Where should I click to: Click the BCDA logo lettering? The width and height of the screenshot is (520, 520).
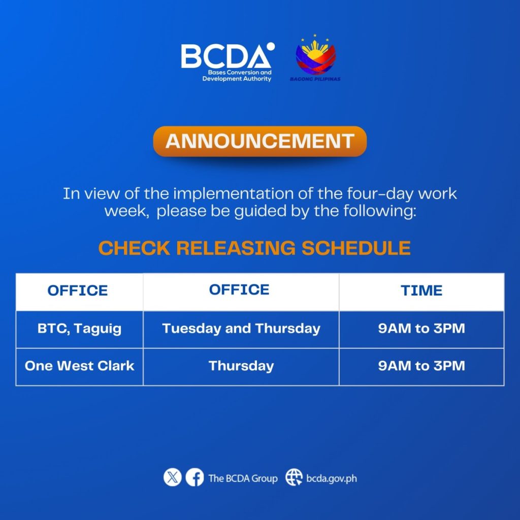(225, 56)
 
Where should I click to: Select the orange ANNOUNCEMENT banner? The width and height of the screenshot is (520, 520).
(259, 141)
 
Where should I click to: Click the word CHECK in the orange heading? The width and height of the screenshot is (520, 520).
(134, 248)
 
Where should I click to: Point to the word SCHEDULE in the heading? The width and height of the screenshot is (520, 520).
(356, 248)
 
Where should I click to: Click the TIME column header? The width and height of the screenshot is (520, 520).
(421, 290)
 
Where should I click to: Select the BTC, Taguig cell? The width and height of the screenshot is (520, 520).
(79, 329)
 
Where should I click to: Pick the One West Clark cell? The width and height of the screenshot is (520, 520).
(79, 366)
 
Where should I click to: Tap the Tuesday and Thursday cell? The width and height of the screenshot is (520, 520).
(241, 329)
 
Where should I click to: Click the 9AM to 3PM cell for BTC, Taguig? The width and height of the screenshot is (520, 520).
(421, 329)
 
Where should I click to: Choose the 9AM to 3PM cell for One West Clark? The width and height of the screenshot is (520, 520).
(421, 366)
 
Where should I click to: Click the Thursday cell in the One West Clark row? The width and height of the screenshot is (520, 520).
(241, 366)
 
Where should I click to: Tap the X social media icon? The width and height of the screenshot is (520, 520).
(173, 477)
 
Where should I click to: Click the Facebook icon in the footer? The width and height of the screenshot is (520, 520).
(194, 477)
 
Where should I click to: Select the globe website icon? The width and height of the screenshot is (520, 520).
(294, 477)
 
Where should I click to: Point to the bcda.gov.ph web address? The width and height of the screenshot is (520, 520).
(331, 478)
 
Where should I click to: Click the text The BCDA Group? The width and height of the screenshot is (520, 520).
(243, 478)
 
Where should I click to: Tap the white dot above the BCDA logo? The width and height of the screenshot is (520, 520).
(271, 46)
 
